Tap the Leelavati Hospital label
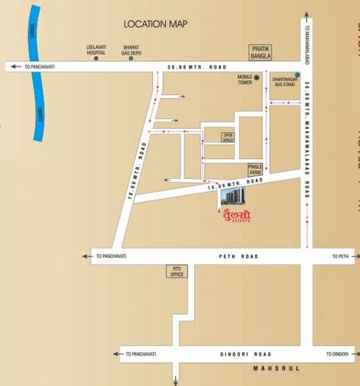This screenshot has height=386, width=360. pyautogui.click(x=96, y=50)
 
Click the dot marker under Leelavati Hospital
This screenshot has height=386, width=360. pyautogui.click(x=96, y=59)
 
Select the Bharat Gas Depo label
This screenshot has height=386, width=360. pyautogui.click(x=131, y=50)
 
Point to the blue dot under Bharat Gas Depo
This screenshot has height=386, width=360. pyautogui.click(x=131, y=59)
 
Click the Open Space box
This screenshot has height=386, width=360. pyautogui.click(x=228, y=137)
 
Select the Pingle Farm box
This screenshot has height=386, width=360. pyautogui.click(x=256, y=169)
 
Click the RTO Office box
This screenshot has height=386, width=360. pyautogui.click(x=177, y=271)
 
